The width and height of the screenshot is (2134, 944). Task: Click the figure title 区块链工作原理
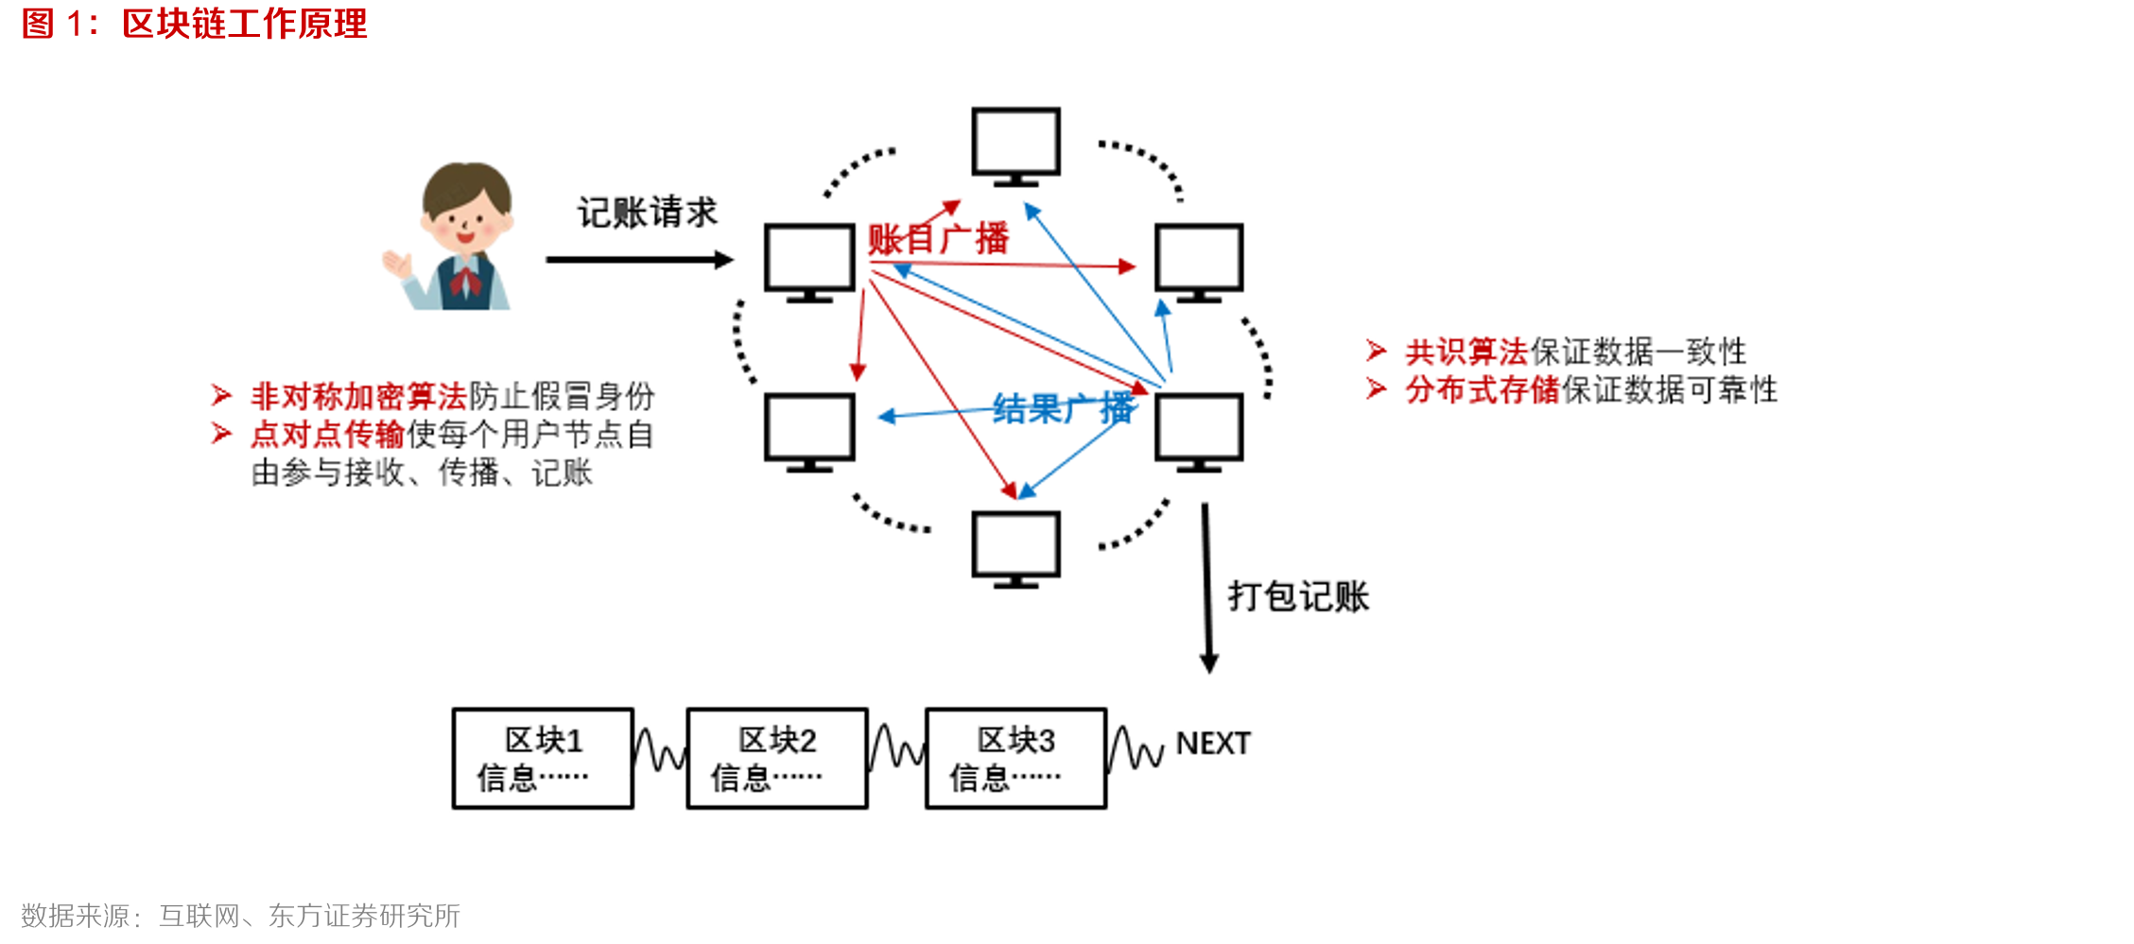(244, 24)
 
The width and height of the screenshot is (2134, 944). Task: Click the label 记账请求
(648, 213)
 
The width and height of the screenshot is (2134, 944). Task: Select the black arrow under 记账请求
(638, 260)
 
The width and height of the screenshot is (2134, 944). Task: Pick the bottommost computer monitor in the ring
(1016, 547)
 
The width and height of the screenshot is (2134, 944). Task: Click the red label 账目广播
(938, 239)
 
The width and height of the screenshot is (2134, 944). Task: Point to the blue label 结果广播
(1063, 409)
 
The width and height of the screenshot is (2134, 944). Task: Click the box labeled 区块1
(543, 758)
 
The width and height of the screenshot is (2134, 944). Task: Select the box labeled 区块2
(777, 758)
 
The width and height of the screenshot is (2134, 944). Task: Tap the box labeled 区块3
(1015, 758)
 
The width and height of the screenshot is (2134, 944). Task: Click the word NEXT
(1213, 744)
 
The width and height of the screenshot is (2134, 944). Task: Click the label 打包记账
(1298, 596)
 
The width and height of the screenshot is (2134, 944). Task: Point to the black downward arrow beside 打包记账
(1207, 586)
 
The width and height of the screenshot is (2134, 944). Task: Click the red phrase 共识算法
(1466, 352)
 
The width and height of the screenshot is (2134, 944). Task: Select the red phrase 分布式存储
(1482, 389)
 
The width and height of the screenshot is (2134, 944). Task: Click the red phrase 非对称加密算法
(358, 396)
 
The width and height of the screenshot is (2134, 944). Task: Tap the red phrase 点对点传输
(327, 434)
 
